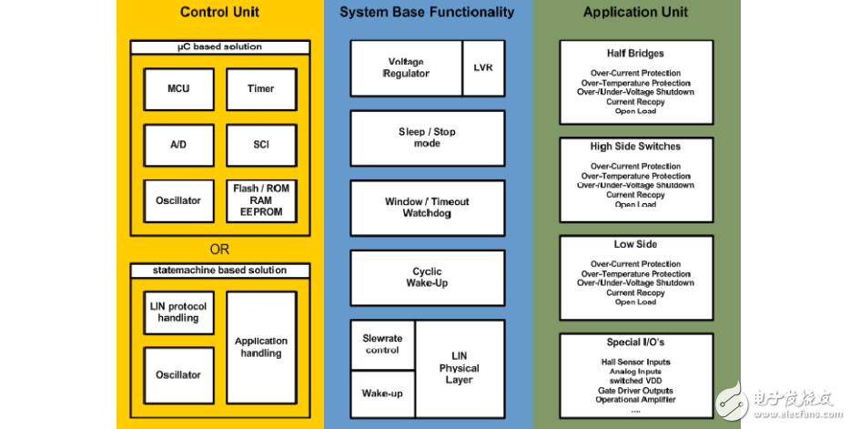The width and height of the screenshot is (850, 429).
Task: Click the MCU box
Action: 178,89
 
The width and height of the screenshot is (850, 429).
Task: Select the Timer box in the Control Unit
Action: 260,89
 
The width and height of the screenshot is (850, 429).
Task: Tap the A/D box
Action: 178,145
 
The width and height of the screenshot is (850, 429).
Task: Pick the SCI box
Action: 260,145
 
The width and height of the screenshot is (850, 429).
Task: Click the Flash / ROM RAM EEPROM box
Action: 260,200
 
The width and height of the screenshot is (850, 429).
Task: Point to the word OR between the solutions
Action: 219,250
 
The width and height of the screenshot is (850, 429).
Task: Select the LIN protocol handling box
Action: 178,312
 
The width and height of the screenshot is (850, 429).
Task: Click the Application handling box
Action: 261,347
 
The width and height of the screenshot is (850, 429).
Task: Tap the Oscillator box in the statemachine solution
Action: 178,374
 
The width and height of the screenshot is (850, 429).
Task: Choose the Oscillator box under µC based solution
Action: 178,200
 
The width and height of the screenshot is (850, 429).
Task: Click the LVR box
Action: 483,67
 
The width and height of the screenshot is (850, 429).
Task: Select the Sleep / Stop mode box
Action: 427,138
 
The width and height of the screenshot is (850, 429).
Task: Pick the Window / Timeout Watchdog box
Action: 427,207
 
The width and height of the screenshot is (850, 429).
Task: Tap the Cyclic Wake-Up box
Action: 427,277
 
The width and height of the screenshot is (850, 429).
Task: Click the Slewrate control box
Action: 382,344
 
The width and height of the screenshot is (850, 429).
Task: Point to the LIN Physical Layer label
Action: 459,367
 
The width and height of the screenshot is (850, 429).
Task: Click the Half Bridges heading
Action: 635,54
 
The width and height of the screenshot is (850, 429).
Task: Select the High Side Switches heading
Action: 635,147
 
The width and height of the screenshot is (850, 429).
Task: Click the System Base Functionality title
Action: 427,13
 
